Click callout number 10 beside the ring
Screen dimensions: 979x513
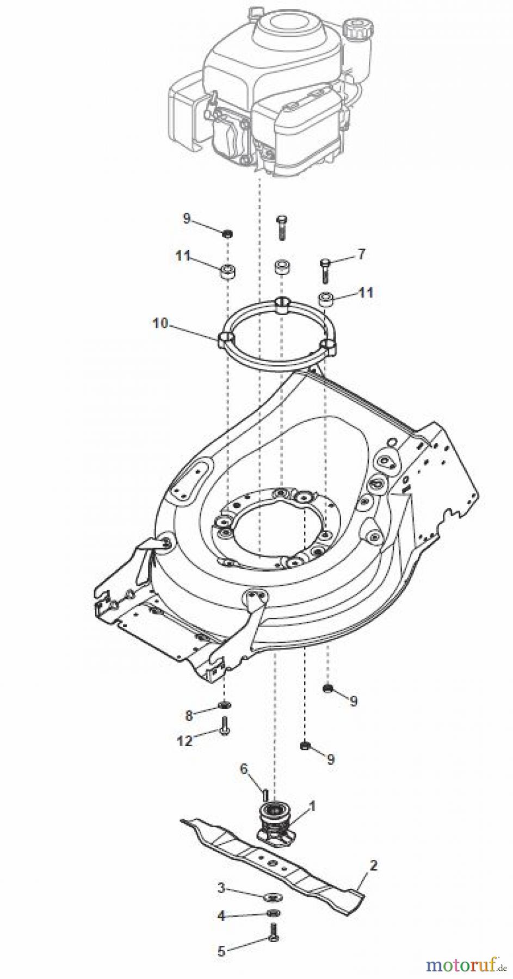click(160, 324)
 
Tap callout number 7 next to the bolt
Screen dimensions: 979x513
click(362, 253)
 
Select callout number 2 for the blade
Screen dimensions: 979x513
click(373, 865)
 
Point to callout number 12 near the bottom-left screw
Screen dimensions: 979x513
click(185, 740)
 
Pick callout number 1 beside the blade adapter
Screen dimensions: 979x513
click(312, 807)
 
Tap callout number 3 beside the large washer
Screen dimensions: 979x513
click(221, 888)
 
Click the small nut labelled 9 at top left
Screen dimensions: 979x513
click(228, 234)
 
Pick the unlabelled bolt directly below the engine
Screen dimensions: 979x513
click(281, 227)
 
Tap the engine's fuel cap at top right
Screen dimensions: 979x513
click(356, 27)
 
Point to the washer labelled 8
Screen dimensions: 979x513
click(224, 705)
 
